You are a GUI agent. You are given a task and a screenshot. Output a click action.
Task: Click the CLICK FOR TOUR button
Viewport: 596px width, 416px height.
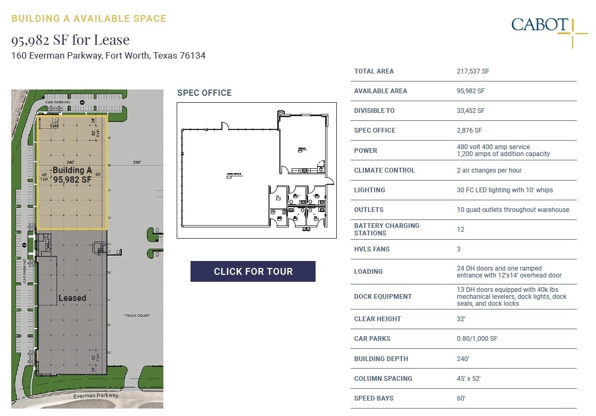253,271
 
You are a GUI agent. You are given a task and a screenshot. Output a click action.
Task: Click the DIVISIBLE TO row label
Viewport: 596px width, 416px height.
375,111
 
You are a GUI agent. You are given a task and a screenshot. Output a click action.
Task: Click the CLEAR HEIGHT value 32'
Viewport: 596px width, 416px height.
461,319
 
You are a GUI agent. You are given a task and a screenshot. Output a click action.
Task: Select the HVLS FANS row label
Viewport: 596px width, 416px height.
371,249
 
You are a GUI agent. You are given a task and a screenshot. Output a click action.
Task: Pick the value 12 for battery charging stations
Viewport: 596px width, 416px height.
460,230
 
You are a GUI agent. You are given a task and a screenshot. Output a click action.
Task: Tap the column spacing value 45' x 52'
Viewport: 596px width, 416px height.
468,379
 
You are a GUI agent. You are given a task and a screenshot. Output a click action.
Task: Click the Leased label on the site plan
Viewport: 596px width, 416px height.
72,298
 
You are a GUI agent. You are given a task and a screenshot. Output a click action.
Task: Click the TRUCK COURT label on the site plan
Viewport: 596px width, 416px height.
137,315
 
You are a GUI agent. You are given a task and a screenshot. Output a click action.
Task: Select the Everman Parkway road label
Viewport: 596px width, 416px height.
96,395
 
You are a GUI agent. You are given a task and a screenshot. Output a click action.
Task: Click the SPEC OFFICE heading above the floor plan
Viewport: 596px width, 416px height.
204,93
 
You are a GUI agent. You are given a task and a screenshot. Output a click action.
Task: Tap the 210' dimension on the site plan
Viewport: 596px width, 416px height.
137,162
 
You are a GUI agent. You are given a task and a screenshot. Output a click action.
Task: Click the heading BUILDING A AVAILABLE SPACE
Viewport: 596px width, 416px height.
89,19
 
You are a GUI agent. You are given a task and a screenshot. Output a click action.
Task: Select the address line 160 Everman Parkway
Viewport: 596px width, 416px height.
108,55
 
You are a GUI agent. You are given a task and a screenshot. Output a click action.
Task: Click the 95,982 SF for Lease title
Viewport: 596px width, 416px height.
70,40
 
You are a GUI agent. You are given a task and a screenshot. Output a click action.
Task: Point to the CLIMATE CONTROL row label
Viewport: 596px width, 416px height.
384,170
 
